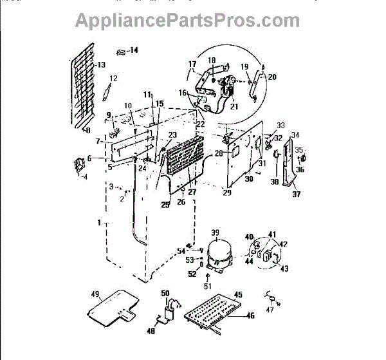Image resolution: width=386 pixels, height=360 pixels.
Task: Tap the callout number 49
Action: click(x=95, y=294)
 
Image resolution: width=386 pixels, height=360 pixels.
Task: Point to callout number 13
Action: click(x=101, y=65)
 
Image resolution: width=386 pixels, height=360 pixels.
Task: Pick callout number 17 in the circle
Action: click(x=192, y=64)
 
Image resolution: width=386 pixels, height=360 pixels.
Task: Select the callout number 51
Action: click(x=207, y=286)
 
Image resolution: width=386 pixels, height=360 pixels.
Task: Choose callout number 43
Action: click(x=284, y=268)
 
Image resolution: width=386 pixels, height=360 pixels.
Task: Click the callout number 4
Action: click(x=84, y=176)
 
